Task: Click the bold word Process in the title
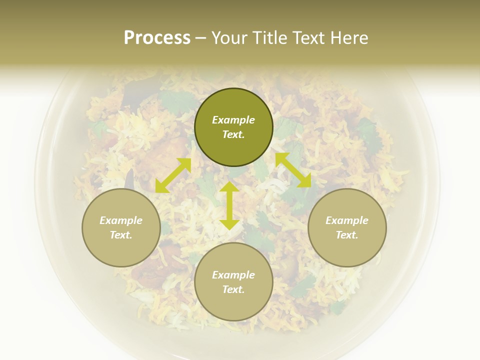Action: pyautogui.click(x=157, y=38)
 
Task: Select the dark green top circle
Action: pyautogui.click(x=233, y=100)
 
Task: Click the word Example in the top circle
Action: pyautogui.click(x=233, y=120)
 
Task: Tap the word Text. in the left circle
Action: pyautogui.click(x=121, y=235)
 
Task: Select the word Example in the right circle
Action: pyautogui.click(x=347, y=220)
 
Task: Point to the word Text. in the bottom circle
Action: pyautogui.click(x=233, y=289)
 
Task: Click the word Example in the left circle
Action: pyautogui.click(x=121, y=220)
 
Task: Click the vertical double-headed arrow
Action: pyautogui.click(x=229, y=205)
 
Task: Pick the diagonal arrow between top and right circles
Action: pyautogui.click(x=293, y=170)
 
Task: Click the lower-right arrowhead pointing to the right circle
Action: pyautogui.click(x=305, y=181)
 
